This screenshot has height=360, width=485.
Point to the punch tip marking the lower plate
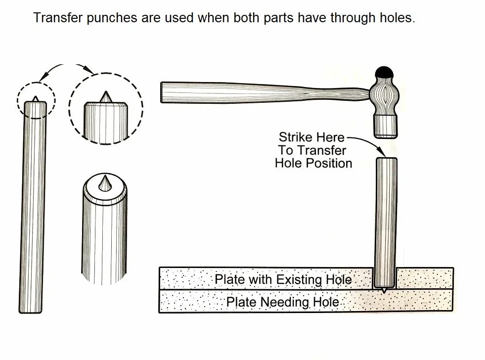[384, 290]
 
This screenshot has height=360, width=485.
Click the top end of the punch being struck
[387, 159]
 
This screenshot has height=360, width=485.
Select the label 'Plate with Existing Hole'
[283, 279]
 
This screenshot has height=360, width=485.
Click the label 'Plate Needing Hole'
[282, 302]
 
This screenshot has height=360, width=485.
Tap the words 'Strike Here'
[311, 137]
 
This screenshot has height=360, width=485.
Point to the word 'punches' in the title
[112, 18]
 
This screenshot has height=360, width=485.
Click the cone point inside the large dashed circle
[106, 97]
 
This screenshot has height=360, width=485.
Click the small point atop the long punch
[36, 99]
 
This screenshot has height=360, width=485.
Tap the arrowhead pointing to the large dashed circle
[90, 71]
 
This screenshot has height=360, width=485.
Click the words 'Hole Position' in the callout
[313, 163]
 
